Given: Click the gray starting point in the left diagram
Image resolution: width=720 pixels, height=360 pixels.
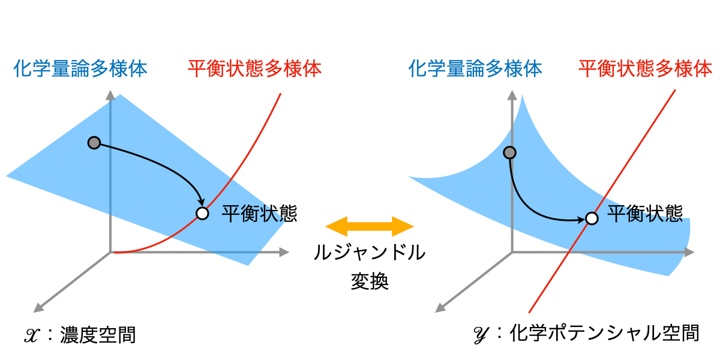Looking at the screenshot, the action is coord(94,143).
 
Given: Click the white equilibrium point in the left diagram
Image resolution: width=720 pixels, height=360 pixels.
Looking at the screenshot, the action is coord(202,213).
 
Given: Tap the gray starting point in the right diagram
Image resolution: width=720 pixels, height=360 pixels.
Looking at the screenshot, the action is coord(510,153).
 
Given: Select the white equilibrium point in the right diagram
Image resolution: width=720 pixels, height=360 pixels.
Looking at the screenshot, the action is coord(592,218).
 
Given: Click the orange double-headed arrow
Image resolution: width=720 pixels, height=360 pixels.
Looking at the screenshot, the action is coord(370,226).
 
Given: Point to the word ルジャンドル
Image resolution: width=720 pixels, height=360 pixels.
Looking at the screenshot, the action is coord(370,253).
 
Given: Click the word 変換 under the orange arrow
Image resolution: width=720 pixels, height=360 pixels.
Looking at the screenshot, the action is coord(370,281).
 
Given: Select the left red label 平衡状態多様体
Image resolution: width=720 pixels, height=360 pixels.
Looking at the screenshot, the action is coord(254,68).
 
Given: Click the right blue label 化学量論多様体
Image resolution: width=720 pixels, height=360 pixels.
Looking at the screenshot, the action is coord(475,68).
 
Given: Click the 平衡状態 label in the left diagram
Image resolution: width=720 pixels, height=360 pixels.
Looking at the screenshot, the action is coord(259,213).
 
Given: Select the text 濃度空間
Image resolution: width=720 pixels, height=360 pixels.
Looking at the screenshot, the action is coord(98,335).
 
